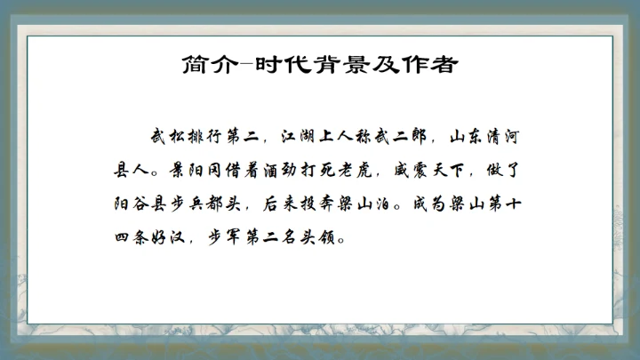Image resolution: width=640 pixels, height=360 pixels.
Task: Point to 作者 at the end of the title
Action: pyautogui.click(x=411, y=65)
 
